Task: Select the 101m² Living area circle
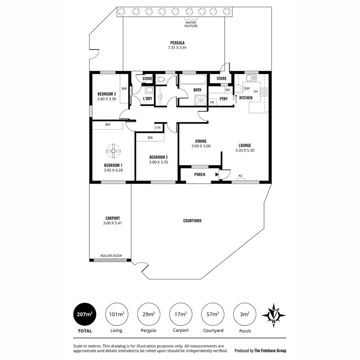click(116, 315)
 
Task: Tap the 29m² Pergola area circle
click(149, 315)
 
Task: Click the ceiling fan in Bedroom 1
click(113, 152)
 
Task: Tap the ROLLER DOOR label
click(110, 256)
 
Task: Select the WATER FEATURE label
click(192, 24)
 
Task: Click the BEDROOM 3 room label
click(106, 94)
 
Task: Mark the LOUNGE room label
click(245, 145)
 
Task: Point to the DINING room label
click(201, 141)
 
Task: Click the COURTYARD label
click(192, 221)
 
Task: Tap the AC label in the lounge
click(240, 176)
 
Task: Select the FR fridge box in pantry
click(212, 102)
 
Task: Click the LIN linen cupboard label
click(158, 127)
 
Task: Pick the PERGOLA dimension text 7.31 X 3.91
click(177, 48)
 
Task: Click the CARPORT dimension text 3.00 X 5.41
click(110, 223)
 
